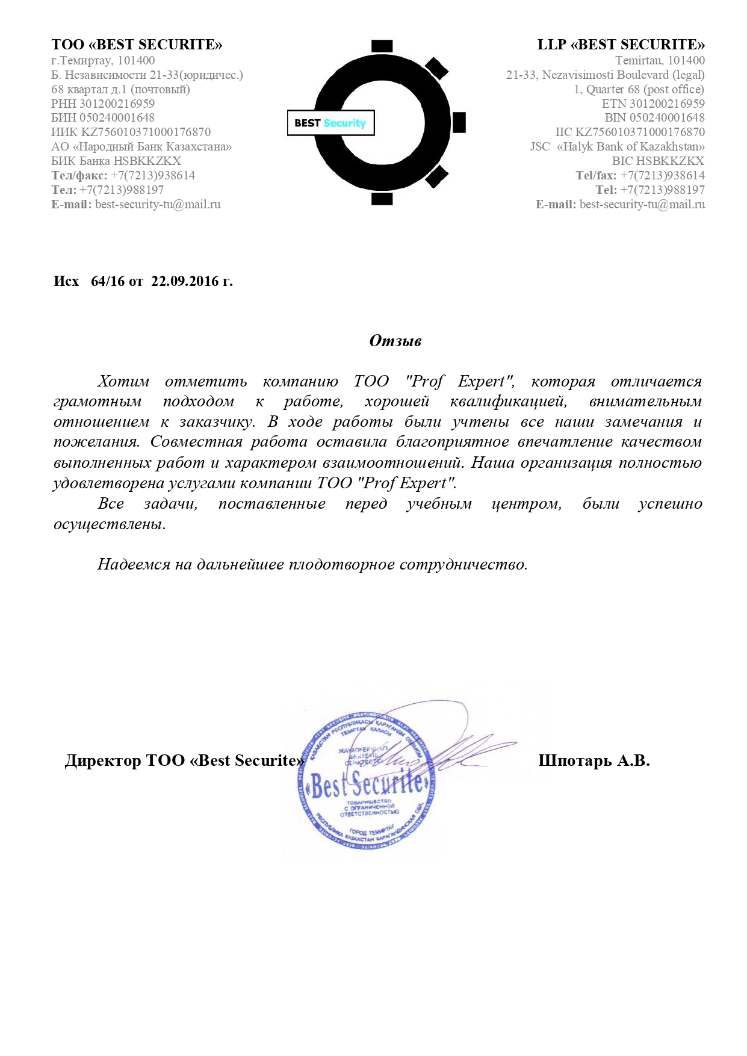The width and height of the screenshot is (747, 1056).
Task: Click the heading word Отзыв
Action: (x=395, y=341)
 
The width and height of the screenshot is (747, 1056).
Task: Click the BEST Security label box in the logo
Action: (x=330, y=123)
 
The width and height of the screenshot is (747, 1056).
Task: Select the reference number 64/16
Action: (x=109, y=281)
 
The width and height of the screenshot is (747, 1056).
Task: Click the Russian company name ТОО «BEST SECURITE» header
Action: (x=137, y=45)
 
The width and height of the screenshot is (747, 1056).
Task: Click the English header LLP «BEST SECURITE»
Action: (x=621, y=45)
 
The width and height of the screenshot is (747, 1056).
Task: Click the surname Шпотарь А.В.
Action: (x=594, y=760)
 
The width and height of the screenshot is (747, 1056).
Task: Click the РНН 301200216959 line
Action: (x=103, y=104)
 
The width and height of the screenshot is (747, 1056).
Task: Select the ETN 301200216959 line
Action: (x=653, y=104)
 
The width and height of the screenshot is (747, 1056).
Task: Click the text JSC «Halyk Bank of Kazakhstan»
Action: (x=617, y=147)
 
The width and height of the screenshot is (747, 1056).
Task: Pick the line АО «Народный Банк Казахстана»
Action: (x=141, y=147)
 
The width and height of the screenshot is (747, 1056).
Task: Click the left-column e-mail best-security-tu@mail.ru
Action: (x=158, y=205)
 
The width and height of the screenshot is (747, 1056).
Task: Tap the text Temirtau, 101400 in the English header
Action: (x=660, y=60)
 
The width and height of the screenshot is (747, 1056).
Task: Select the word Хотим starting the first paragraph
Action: (x=123, y=382)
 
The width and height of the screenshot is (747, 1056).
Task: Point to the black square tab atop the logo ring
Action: (x=382, y=46)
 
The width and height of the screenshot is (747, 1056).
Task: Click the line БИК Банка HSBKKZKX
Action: (x=116, y=161)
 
